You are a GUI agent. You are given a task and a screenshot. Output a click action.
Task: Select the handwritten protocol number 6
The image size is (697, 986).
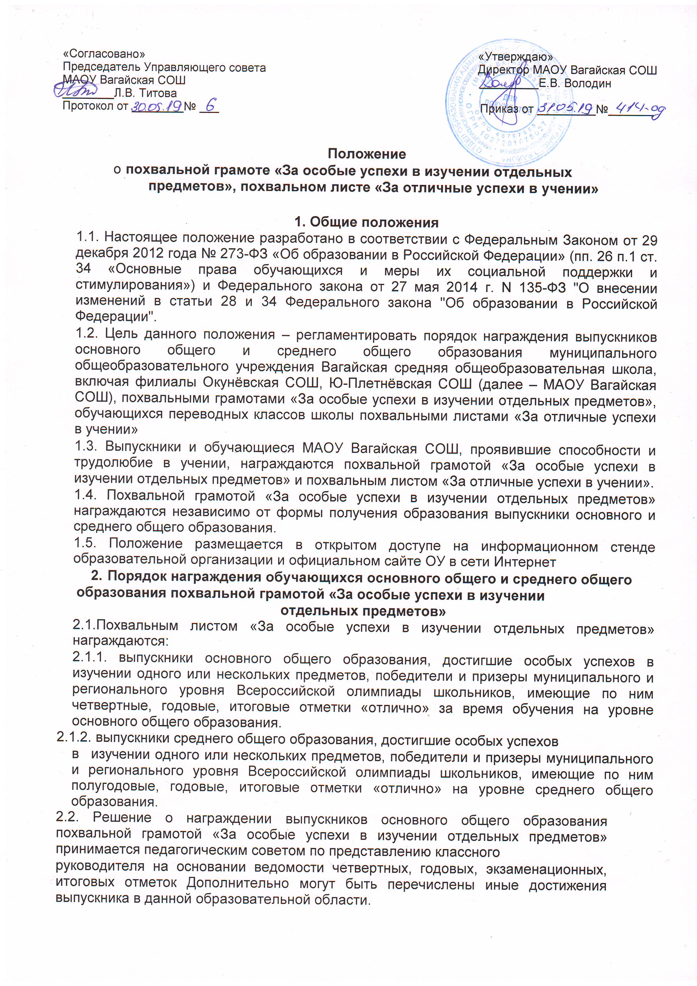point(211,105)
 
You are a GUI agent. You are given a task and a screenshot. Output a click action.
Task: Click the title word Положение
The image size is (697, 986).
point(367,154)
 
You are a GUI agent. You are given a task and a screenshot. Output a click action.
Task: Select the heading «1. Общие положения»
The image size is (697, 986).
point(366,222)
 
